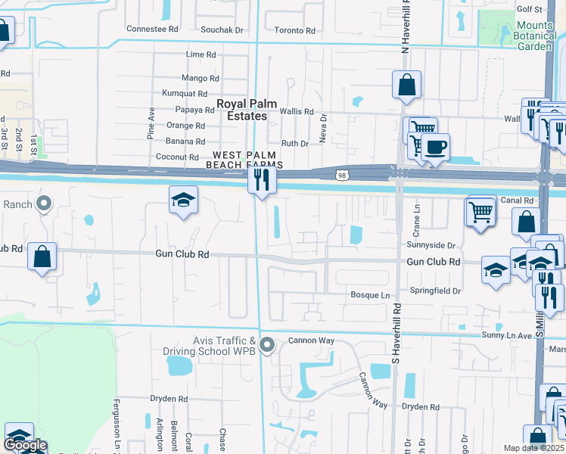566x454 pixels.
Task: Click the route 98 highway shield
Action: coord(341,175)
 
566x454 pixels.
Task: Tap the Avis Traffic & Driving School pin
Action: coord(266,345)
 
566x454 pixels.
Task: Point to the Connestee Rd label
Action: coord(152,29)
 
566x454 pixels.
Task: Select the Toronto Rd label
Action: coord(294,31)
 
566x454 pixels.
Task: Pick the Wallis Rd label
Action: coord(297,111)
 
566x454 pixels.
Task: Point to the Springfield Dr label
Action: coord(435,291)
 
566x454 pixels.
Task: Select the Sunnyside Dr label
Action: coord(431,245)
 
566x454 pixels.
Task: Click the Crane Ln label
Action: coord(417,215)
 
